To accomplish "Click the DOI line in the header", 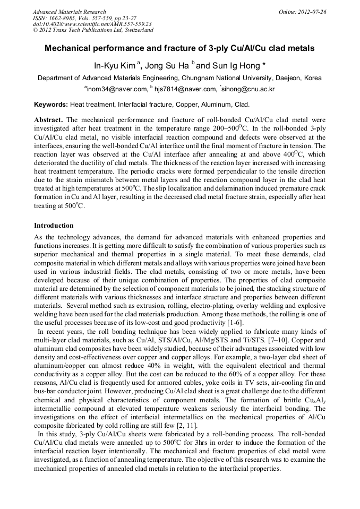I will pos(92,24).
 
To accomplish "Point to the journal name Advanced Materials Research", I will pos(69,12).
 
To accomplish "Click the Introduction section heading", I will pos(54,225).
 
